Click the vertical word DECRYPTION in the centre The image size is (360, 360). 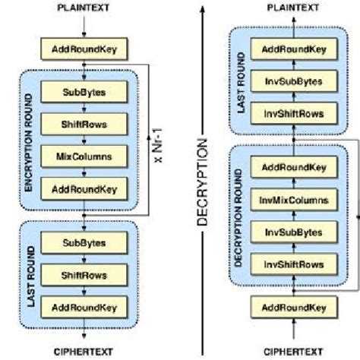[203, 182]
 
